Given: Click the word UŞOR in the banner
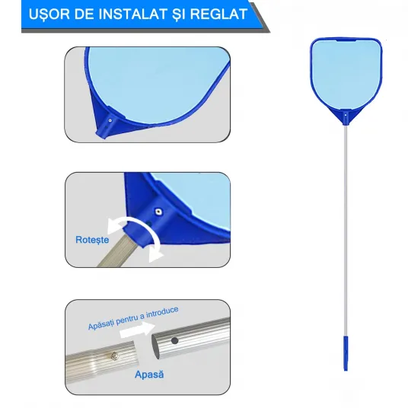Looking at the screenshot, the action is coord(49,14).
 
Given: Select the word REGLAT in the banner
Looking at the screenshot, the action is coord(218,14).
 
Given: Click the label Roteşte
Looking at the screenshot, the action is coord(92,240).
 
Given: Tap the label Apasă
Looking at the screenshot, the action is coord(149,375).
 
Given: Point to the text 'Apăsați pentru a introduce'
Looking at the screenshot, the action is coord(133,318).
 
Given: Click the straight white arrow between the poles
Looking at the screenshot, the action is coord(137,330).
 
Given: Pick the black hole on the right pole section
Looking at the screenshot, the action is coord(174,340).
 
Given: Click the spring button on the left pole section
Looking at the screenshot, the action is coord(114,355).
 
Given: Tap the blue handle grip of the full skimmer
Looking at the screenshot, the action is coord(346,353).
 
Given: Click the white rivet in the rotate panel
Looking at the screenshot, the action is coord(158,212).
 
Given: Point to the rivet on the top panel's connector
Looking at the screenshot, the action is coord(110,120).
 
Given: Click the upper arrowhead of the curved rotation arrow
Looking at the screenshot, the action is coord(113,226).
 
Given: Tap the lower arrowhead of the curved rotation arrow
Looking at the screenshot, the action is coord(155,254).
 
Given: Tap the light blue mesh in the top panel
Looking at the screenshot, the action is coord(155,83).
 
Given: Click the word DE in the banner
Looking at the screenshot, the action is coord(84,14).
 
